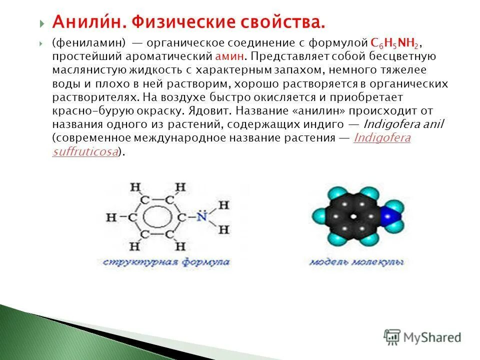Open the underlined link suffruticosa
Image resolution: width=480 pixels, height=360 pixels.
click(x=85, y=152)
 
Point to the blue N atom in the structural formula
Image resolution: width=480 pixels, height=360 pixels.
click(x=201, y=217)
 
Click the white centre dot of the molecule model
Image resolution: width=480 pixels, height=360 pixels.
click(x=354, y=217)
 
